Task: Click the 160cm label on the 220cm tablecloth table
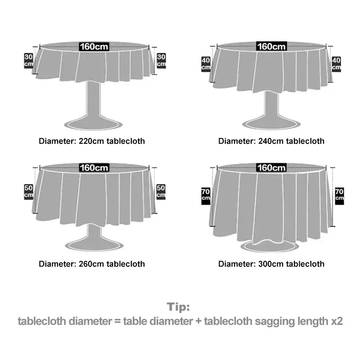coord(94,46)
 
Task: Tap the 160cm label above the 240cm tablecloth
coord(271,46)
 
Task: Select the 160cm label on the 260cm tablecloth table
coord(94,168)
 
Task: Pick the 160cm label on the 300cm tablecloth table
coord(271,168)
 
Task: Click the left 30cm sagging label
coord(28,60)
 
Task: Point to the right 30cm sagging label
coord(161,60)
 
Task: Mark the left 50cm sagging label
coord(28,191)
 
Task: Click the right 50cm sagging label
coord(161,191)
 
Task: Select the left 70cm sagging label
coord(206,195)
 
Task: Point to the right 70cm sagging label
coord(339,195)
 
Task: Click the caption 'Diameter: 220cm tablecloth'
coord(92,141)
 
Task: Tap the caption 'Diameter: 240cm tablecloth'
coord(271,141)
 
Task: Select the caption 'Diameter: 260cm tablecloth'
coord(92,264)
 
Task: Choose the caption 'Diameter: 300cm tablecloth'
coord(271,264)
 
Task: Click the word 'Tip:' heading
coord(179,307)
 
